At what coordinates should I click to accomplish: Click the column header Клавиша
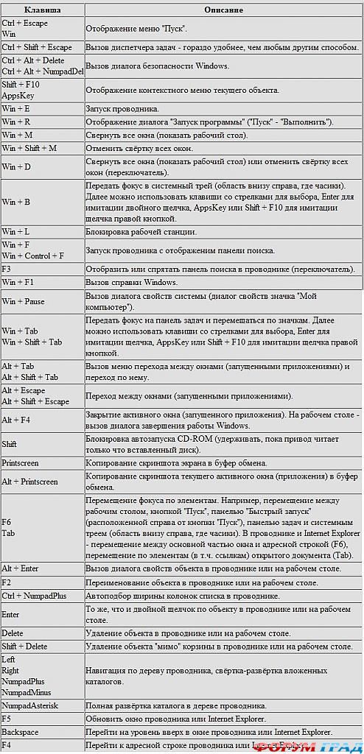coord(42,10)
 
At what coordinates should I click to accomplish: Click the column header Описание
coord(223,10)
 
